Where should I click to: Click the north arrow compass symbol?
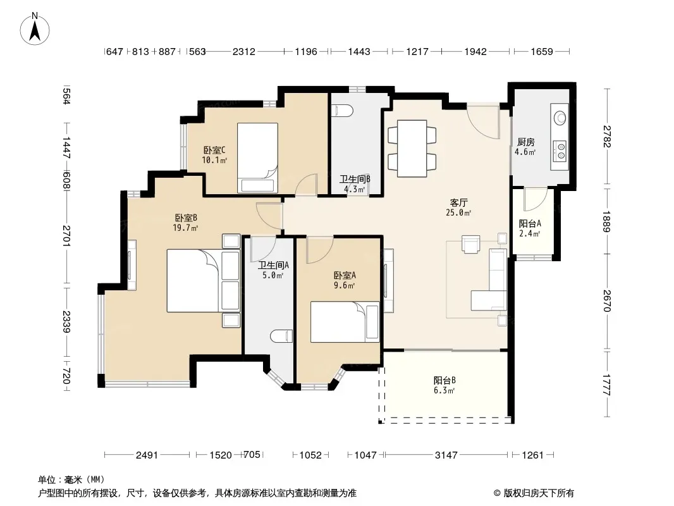(35, 29)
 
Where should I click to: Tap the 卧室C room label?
(214, 150)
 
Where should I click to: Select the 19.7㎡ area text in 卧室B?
(185, 228)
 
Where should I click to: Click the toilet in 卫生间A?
(281, 336)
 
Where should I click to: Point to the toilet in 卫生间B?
(343, 111)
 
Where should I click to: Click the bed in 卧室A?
(345, 322)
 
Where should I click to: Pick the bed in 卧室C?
(257, 157)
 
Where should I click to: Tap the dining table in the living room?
(412, 148)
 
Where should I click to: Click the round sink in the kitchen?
(560, 118)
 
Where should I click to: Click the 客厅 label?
(458, 202)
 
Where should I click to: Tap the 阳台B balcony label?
(444, 381)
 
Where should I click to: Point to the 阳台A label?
(530, 223)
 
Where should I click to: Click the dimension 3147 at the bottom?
(446, 455)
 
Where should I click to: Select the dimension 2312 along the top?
(243, 52)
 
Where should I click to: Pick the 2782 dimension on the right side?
(606, 136)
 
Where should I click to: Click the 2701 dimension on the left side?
(66, 235)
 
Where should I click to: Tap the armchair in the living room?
(470, 244)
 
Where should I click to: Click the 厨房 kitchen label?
(525, 142)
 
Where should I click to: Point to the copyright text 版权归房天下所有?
(539, 493)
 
